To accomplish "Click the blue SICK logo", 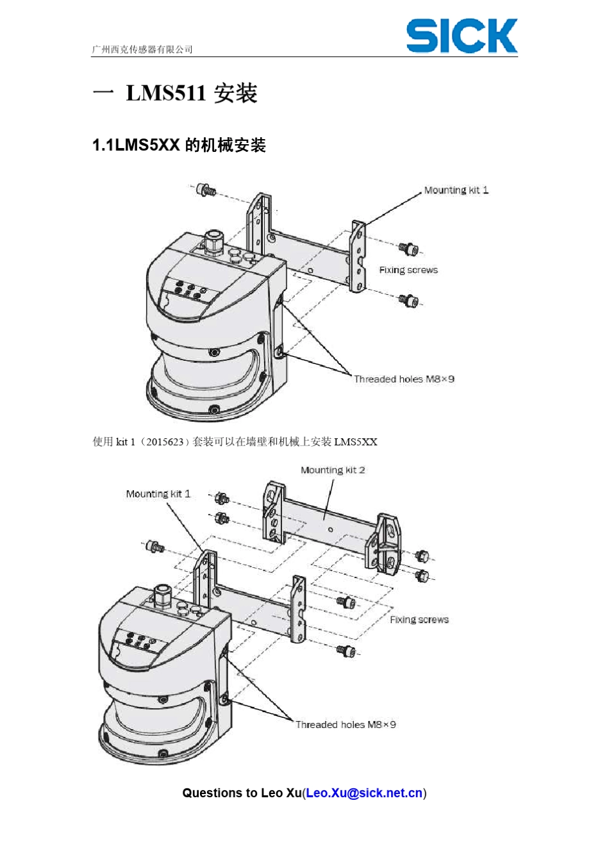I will [x=462, y=36].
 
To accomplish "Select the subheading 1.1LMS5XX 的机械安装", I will [x=179, y=145].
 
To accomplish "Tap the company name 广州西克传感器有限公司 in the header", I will [x=142, y=49].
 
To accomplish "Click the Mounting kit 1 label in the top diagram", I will [x=456, y=190].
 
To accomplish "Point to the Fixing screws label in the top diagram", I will [x=408, y=270].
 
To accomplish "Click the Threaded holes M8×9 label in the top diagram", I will [x=404, y=379].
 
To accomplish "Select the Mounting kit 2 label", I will [x=333, y=470].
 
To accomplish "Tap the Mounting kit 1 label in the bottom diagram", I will [x=158, y=493].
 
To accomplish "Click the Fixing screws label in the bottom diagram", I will [x=419, y=620].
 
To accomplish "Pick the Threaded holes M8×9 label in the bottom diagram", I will [x=346, y=724].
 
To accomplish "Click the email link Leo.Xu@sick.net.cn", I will [x=364, y=793].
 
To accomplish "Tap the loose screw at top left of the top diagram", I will [x=206, y=190].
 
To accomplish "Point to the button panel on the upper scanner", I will [x=190, y=290].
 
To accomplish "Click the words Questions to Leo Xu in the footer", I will [x=242, y=793].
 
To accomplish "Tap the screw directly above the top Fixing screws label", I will [x=407, y=248].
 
